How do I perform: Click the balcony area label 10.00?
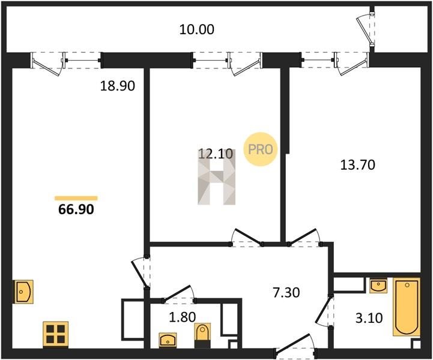[196, 29]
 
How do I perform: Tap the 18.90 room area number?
[117, 86]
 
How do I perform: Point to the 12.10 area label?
[216, 154]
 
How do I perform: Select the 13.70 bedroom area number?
[357, 165]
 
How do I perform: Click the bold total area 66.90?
[76, 209]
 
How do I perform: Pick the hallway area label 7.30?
[286, 292]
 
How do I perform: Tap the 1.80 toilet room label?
[182, 317]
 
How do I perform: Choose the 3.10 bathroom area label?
[369, 318]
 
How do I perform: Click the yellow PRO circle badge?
[260, 149]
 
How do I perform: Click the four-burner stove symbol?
[55, 334]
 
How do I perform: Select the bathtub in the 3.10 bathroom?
[407, 307]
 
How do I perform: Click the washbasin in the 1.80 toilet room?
[168, 340]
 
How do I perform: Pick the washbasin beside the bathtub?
[378, 285]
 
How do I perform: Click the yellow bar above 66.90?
[76, 198]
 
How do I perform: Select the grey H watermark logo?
[216, 177]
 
